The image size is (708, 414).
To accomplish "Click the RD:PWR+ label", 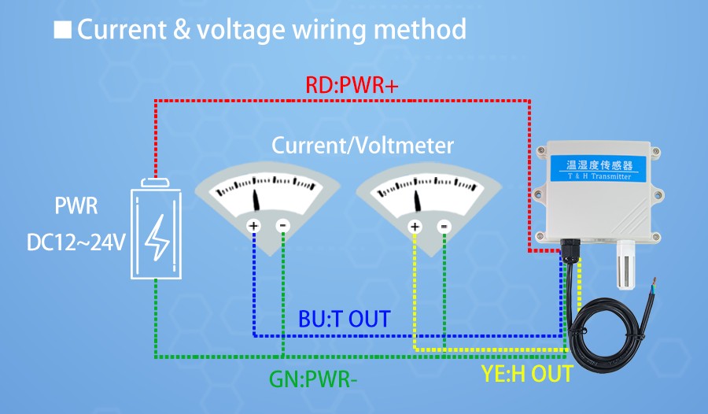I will [352, 86].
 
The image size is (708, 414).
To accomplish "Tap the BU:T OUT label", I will [344, 319].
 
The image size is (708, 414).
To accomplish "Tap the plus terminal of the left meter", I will [253, 226].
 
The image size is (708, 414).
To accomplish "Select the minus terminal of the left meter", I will [282, 226].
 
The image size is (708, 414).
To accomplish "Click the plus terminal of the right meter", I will [415, 227].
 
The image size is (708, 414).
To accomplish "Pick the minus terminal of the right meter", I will [444, 227].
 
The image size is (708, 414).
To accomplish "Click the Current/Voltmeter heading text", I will [363, 146].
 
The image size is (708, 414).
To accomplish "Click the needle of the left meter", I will [257, 199].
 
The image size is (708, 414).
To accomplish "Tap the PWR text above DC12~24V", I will [76, 208].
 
